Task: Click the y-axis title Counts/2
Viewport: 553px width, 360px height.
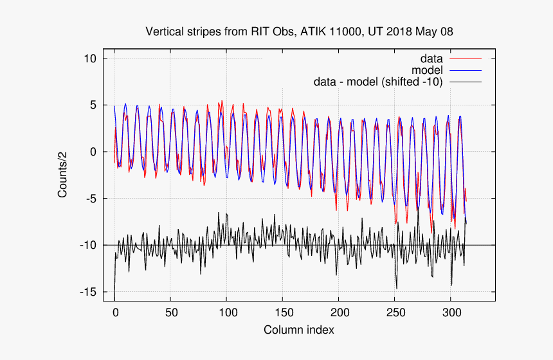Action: [x=63, y=175]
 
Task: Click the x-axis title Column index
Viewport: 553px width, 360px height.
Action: [x=299, y=330]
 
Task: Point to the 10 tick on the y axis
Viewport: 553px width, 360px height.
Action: [x=91, y=59]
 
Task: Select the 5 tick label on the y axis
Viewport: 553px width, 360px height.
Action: [x=93, y=105]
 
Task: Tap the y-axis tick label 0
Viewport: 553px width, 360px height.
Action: [x=93, y=152]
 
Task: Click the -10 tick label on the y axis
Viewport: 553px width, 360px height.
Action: [x=89, y=245]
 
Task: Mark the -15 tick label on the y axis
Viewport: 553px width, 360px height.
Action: [x=89, y=292]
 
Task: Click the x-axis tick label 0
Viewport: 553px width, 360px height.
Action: [x=115, y=312]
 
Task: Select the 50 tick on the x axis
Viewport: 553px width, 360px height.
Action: [x=170, y=312]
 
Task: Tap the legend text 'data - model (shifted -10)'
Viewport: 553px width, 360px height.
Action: [x=377, y=82]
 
